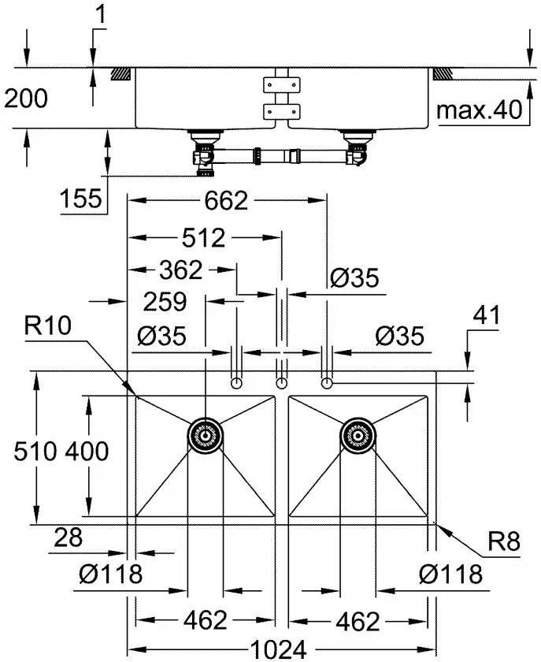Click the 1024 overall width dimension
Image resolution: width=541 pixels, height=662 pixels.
(x=279, y=649)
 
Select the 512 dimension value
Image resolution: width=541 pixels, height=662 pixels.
(x=202, y=236)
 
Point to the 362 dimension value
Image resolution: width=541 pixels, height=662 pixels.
(x=179, y=270)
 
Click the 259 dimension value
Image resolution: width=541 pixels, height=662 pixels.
(x=163, y=301)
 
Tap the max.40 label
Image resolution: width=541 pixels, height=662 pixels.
(x=480, y=110)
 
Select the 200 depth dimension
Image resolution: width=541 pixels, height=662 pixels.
(x=26, y=98)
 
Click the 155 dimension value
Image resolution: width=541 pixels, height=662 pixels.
(x=81, y=198)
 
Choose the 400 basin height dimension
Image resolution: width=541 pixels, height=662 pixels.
(x=86, y=451)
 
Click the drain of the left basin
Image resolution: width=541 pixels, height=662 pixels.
(x=205, y=433)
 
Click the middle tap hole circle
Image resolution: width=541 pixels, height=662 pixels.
(x=281, y=383)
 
